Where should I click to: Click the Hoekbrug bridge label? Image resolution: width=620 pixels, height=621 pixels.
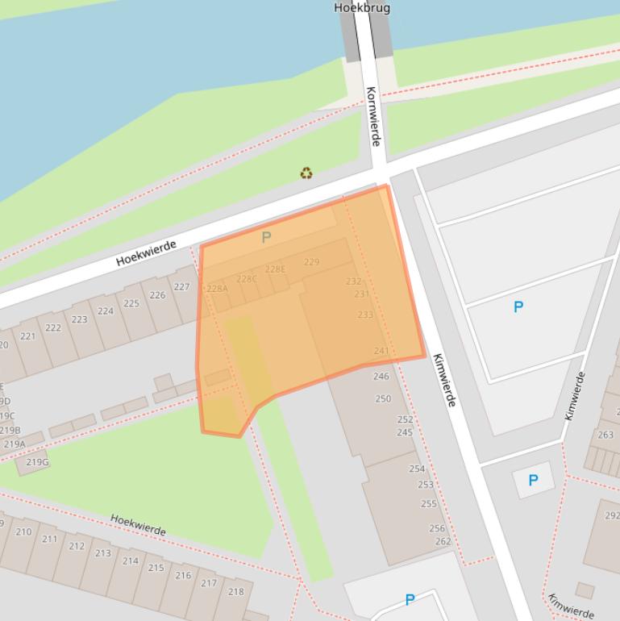[x=362, y=8]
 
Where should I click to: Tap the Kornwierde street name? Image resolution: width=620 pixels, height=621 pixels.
[x=372, y=116]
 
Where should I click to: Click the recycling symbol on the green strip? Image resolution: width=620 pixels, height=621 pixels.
[x=306, y=173]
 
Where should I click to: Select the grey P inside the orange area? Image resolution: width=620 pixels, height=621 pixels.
[x=266, y=237]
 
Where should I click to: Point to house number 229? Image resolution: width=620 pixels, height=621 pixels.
[x=312, y=262]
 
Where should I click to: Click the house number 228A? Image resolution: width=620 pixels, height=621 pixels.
[x=217, y=289]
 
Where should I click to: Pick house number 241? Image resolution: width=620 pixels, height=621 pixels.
[x=381, y=351]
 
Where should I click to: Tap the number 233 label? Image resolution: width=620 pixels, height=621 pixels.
[x=365, y=315]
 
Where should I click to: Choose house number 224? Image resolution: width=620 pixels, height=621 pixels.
[x=106, y=311]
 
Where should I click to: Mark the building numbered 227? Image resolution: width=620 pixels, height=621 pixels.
[x=181, y=287]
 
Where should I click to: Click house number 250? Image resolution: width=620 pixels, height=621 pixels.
[x=383, y=398]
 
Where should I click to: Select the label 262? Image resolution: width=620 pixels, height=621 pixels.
[x=443, y=542]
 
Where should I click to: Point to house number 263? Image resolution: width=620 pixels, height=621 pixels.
[x=605, y=435]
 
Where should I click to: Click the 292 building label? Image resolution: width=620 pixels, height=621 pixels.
[x=612, y=516]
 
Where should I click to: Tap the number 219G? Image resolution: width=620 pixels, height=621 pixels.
[x=37, y=462]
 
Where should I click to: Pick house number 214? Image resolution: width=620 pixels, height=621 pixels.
[x=131, y=561]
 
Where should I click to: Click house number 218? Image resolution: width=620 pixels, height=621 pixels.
[x=235, y=591]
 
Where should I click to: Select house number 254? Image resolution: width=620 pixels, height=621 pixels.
[x=417, y=469]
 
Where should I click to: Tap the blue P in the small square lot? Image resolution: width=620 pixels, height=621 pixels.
[x=533, y=481]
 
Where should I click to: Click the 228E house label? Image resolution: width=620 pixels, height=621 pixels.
[x=275, y=269]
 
